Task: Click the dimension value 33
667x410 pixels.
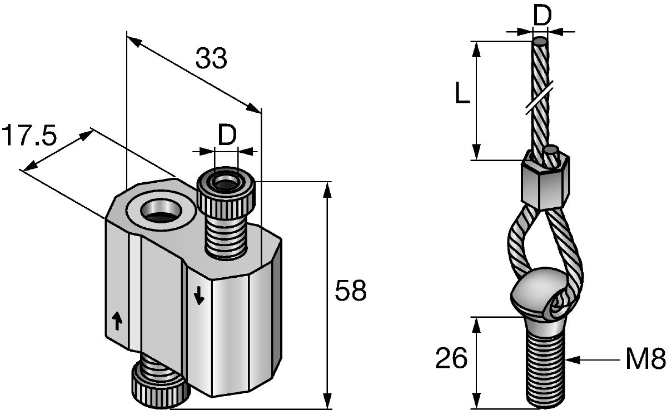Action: pos(211,58)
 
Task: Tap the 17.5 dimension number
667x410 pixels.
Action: pos(29,136)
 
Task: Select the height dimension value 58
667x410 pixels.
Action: pos(351,290)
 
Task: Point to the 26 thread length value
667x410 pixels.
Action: pos(451,358)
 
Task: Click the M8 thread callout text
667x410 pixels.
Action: pos(645,359)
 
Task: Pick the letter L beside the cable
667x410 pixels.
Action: pos(462,93)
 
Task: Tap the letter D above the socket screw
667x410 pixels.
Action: pos(227,136)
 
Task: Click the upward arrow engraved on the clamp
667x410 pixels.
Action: pos(117,321)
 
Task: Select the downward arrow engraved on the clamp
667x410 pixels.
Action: pos(199,294)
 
